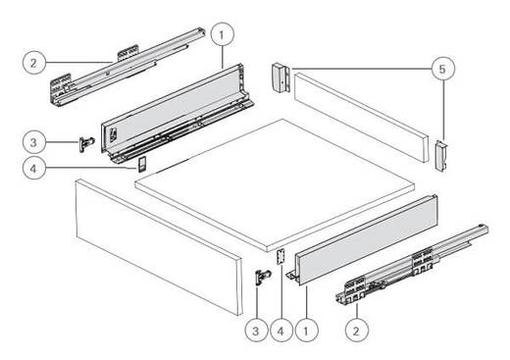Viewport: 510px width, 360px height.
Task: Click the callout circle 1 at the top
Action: point(223,34)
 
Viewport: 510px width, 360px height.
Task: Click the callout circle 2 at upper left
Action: point(34,63)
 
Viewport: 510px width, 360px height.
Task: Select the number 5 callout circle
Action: point(442,69)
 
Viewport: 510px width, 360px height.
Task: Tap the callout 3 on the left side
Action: point(34,142)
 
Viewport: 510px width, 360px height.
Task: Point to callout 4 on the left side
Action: point(34,168)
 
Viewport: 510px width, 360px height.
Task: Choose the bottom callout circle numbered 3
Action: point(256,331)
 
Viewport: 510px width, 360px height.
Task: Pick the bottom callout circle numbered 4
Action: point(281,331)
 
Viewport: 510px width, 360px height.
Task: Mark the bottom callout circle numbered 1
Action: point(306,331)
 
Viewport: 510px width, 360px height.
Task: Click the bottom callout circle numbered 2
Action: point(357,331)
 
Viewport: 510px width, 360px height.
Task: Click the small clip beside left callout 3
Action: point(86,144)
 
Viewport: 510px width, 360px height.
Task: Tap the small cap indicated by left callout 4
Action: point(142,164)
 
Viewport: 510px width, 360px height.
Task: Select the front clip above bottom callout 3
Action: point(263,278)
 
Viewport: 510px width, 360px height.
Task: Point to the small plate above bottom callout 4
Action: point(280,257)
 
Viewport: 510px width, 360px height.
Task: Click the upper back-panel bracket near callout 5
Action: point(280,77)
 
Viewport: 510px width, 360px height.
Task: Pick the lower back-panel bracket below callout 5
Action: point(441,156)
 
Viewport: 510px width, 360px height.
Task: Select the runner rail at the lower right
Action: point(412,265)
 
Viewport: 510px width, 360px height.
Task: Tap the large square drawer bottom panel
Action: point(275,184)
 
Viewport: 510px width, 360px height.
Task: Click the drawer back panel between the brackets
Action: point(361,118)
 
